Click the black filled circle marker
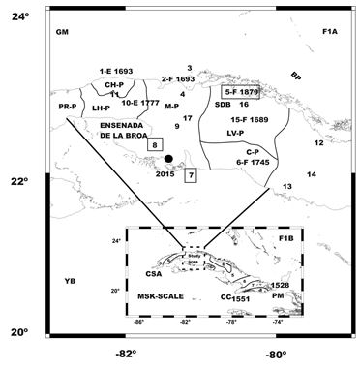point(168,158)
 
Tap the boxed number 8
point(155,142)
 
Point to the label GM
point(64,33)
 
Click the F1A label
point(331,33)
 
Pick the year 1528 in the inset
point(281,285)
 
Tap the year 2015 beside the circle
point(164,176)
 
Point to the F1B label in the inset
point(286,238)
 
